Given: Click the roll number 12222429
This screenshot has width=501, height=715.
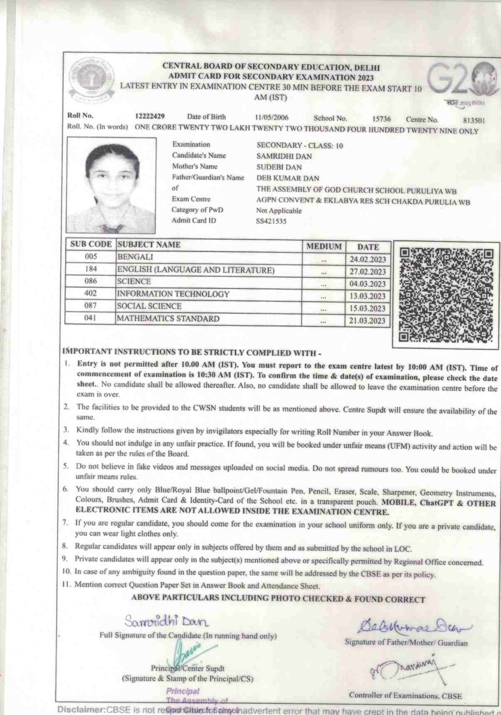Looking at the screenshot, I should (x=150, y=116).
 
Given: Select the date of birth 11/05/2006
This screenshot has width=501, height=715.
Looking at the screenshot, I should (x=271, y=118).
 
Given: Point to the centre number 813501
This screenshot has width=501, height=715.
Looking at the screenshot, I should (x=474, y=120).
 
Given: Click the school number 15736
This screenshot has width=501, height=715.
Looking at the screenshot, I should (x=381, y=119).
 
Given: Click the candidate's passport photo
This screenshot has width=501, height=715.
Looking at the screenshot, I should (x=111, y=186).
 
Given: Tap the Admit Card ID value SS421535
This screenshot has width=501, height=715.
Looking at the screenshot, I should (x=271, y=221).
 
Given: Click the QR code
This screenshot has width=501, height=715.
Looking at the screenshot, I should (x=446, y=295).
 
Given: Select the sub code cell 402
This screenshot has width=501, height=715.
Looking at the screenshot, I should (x=90, y=293).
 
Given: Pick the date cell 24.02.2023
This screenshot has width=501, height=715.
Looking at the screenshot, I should (x=368, y=259).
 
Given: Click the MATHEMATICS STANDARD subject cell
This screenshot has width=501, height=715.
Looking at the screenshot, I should (x=168, y=319).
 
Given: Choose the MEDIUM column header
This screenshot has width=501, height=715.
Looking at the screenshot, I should (x=324, y=246).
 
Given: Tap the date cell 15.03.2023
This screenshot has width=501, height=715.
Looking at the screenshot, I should (x=368, y=308).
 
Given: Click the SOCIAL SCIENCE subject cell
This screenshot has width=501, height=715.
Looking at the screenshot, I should (x=149, y=306).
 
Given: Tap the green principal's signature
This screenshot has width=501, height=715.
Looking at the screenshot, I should (x=189, y=653).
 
